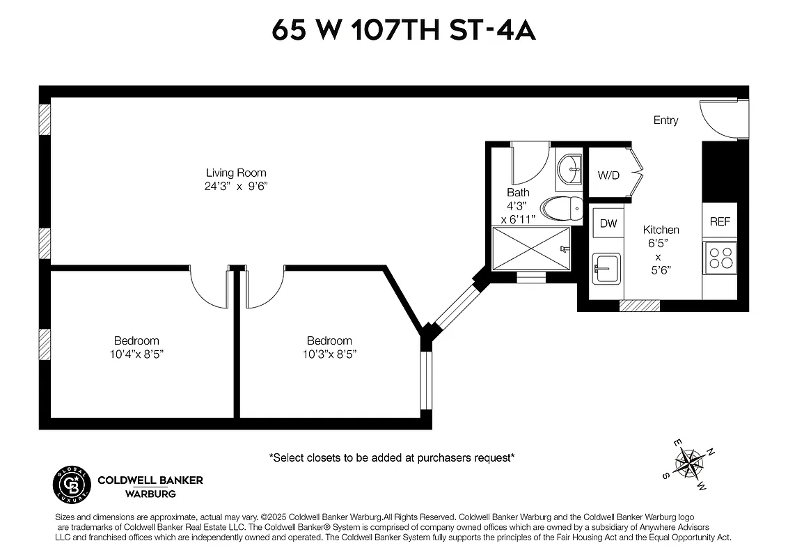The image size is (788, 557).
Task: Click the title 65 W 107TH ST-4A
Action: [x=404, y=31]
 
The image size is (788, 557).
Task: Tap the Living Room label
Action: [x=236, y=173]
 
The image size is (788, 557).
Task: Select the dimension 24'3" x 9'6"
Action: [x=236, y=187]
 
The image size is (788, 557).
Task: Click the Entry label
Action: [x=665, y=120]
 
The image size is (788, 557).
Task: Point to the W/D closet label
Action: [x=608, y=175]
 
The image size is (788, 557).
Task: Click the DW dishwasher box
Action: [x=608, y=223]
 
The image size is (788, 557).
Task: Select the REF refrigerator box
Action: [x=720, y=221]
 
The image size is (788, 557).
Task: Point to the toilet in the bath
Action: [x=562, y=207]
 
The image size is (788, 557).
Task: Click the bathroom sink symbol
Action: [x=570, y=168]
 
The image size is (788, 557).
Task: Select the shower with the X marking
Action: [x=531, y=249]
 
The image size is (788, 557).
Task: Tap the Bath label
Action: [x=518, y=192]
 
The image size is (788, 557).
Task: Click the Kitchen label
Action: [x=661, y=230]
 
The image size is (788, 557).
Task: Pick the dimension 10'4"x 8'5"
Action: [x=136, y=354]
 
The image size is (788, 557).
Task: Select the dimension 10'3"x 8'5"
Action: [x=329, y=354]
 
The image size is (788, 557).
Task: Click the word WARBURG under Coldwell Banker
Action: [x=150, y=494]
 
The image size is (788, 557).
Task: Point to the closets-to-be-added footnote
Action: [x=392, y=457]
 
